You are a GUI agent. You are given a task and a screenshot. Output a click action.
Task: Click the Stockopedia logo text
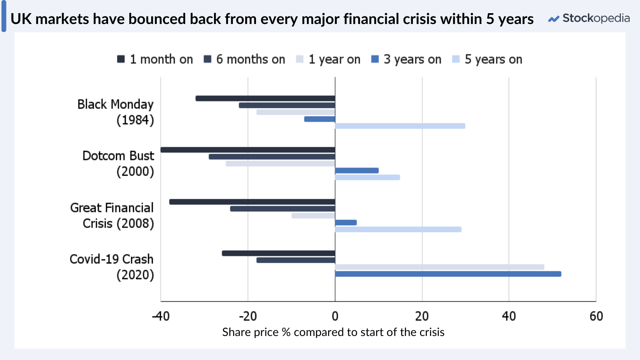click(596, 18)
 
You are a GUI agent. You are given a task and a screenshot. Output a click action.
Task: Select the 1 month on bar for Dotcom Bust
click(248, 150)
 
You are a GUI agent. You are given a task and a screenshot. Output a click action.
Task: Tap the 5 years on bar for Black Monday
click(400, 126)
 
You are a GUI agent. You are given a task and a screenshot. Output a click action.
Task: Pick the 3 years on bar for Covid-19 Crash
click(448, 274)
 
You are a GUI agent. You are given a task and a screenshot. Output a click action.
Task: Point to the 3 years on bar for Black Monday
click(320, 119)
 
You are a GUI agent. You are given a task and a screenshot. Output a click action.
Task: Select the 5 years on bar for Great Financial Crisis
click(398, 230)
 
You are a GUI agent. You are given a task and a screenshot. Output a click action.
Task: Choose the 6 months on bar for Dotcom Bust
click(272, 157)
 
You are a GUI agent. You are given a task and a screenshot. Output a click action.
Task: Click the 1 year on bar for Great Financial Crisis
click(313, 216)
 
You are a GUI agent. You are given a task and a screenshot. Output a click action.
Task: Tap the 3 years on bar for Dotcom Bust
click(357, 170)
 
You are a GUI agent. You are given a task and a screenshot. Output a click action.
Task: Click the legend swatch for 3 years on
click(375, 59)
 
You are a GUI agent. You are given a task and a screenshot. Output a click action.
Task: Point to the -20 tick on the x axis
click(248, 316)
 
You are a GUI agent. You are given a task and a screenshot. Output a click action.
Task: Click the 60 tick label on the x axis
click(596, 316)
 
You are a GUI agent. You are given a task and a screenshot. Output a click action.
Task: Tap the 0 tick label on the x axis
click(335, 316)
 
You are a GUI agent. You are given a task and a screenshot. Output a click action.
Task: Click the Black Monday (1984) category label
click(116, 112)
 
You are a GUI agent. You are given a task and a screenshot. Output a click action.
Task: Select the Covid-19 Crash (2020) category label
click(112, 267)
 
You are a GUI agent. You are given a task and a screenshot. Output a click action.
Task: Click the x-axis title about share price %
click(333, 332)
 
